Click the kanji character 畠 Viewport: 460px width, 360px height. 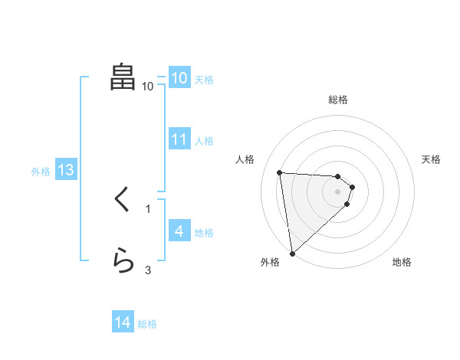click(123, 77)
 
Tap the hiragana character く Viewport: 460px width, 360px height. click(123, 201)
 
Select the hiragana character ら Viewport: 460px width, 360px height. click(123, 261)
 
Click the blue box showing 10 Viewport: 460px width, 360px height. click(179, 78)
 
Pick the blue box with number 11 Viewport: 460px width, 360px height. click(179, 139)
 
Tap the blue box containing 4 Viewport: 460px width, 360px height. click(179, 231)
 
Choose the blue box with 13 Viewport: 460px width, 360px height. click(66, 170)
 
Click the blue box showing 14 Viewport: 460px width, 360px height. click(123, 323)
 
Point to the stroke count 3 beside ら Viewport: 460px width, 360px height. click(148, 269)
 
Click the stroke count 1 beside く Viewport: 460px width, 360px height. click(148, 208)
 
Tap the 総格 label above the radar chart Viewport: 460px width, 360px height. click(338, 100)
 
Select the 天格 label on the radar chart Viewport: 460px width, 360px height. click(431, 159)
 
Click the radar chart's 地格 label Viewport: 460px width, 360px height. click(402, 262)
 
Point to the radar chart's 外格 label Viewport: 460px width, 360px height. click(270, 262)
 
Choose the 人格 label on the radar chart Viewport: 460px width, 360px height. click(245, 159)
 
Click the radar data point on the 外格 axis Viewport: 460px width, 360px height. click(292, 254)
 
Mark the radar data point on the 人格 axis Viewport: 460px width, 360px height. click(279, 172)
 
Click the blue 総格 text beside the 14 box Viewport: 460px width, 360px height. click(147, 324)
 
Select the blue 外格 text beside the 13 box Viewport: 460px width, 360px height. click(41, 172)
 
